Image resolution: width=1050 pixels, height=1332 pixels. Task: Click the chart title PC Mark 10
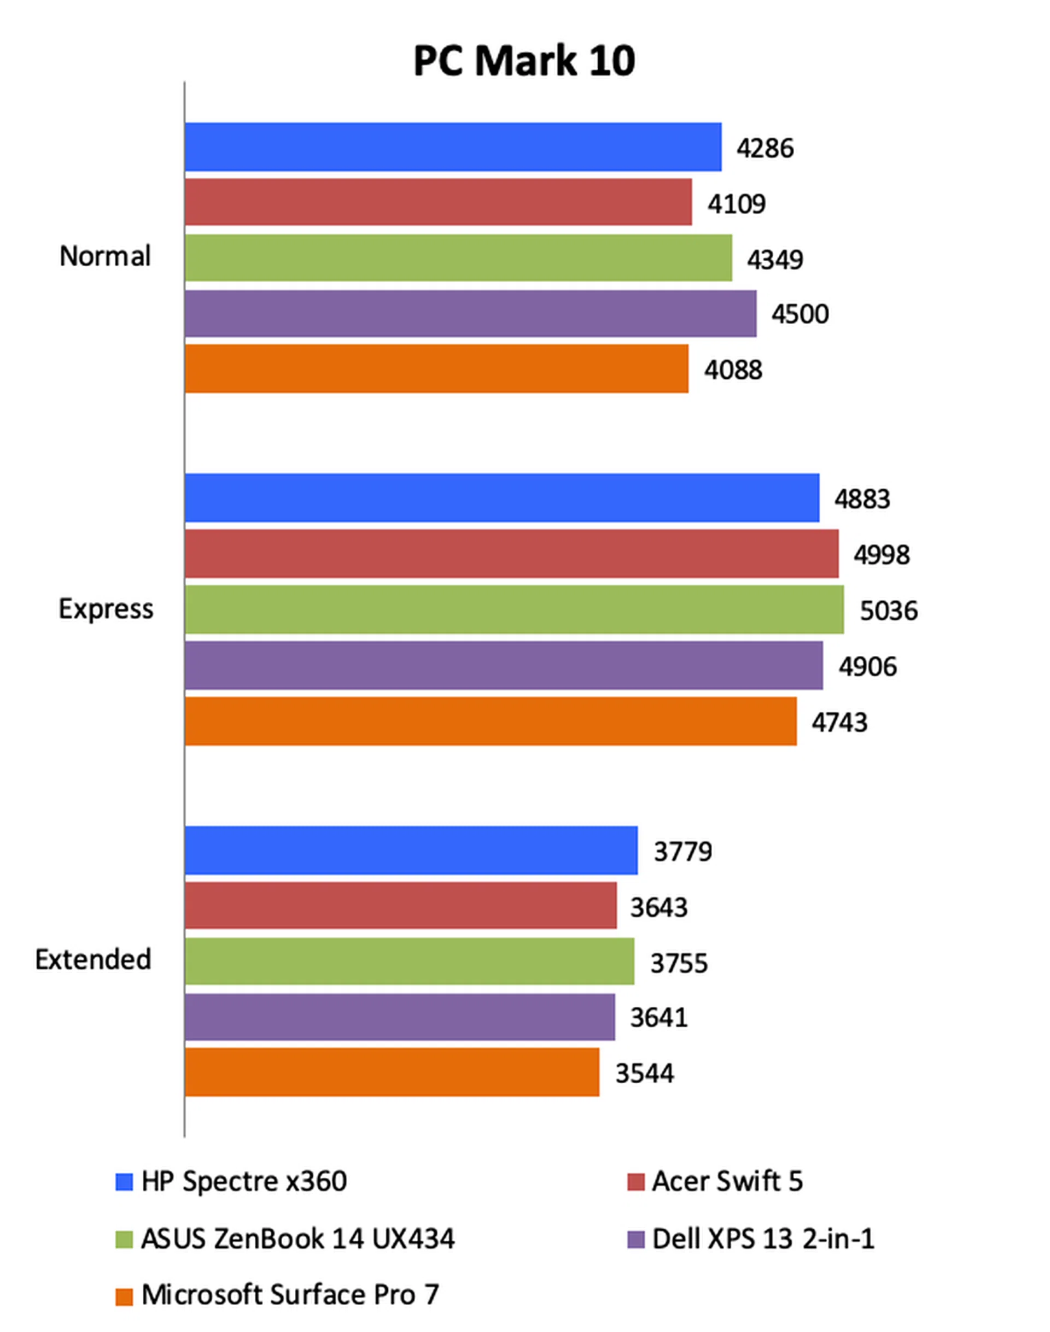tap(524, 61)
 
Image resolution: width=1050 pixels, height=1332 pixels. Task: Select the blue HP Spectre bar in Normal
tap(452, 147)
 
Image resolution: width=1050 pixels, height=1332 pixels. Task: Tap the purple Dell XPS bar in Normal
tap(470, 313)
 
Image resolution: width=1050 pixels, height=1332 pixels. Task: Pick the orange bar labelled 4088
tap(436, 368)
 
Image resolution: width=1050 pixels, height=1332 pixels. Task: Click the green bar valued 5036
tap(514, 609)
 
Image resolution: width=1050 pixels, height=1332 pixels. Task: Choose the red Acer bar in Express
tap(511, 554)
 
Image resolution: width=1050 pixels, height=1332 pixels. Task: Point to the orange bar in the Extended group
tap(392, 1072)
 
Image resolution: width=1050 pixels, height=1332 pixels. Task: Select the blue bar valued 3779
tap(411, 850)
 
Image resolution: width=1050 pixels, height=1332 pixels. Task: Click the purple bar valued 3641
tap(400, 1017)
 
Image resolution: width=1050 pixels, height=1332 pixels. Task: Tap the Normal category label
tap(105, 256)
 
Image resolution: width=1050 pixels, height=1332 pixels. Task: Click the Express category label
tap(106, 609)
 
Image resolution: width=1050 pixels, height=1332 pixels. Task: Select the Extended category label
tap(93, 960)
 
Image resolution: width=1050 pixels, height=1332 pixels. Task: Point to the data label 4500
tap(800, 314)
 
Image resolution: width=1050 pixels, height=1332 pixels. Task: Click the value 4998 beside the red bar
tap(881, 555)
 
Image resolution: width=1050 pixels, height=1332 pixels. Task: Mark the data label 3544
tap(644, 1073)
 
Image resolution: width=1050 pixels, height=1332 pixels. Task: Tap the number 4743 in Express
tap(839, 722)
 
